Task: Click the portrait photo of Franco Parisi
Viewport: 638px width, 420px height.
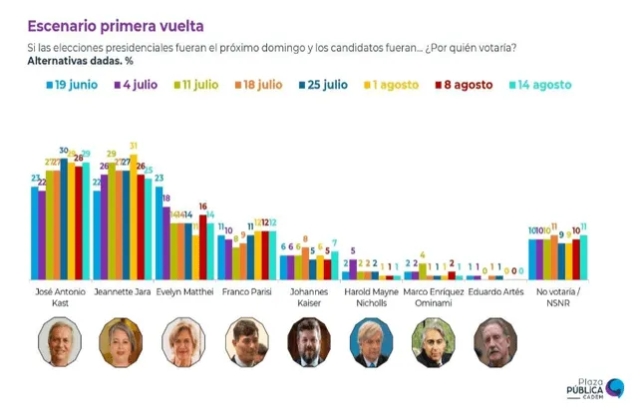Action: (x=245, y=342)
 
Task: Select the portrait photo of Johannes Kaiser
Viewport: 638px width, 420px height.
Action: (x=308, y=342)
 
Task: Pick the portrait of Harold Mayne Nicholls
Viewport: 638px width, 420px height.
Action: (x=371, y=342)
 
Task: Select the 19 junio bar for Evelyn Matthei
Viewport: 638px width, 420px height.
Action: (x=159, y=233)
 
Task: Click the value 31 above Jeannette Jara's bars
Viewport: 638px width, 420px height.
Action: (x=133, y=146)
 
